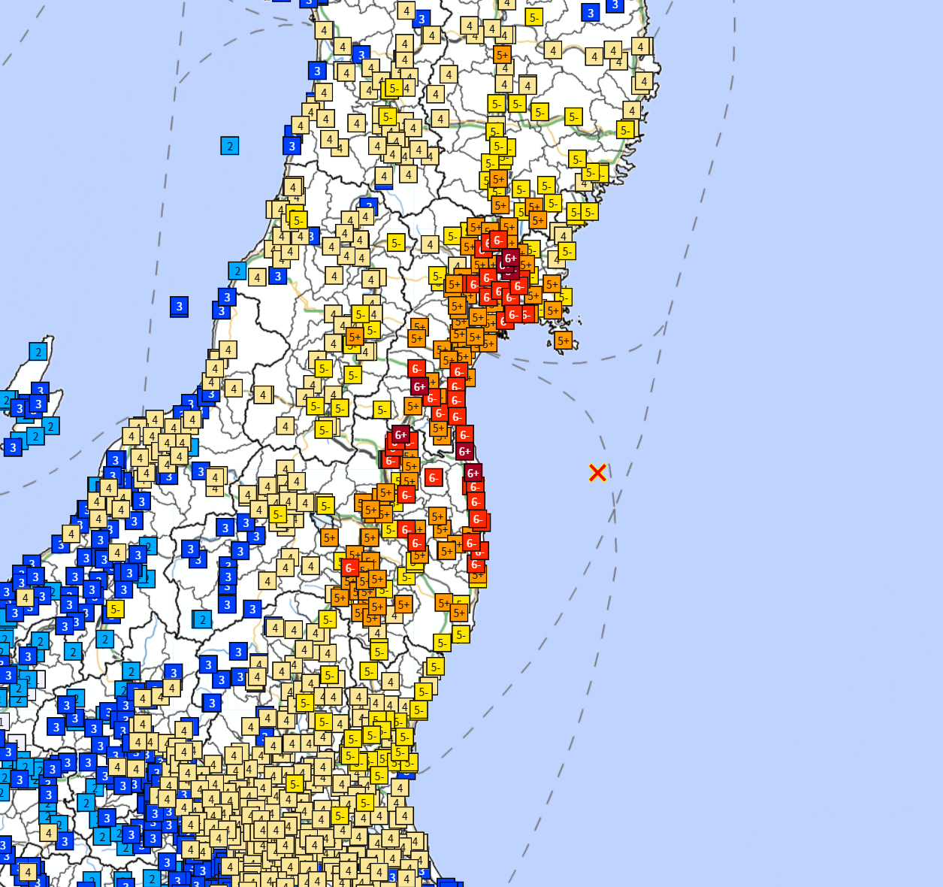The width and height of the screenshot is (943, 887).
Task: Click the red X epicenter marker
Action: (x=597, y=472)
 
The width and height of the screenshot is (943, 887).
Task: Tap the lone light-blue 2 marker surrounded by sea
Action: (x=230, y=146)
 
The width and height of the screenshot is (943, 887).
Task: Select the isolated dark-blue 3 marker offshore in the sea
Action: (x=179, y=306)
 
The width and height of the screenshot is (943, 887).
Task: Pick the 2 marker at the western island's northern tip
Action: (x=38, y=351)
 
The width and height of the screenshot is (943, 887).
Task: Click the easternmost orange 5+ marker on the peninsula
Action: (x=564, y=341)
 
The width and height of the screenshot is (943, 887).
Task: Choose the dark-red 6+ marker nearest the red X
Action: (x=473, y=473)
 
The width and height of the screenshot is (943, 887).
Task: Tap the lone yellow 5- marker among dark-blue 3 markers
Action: (x=114, y=609)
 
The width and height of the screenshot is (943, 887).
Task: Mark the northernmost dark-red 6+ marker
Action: (x=510, y=258)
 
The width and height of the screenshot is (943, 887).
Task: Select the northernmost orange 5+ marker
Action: (x=502, y=55)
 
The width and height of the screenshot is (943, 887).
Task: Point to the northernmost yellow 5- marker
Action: (x=533, y=17)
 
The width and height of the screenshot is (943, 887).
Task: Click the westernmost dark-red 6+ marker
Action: (x=400, y=434)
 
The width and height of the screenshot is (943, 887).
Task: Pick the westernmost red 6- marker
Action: (x=349, y=568)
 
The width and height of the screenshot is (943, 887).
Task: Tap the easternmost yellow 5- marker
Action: (x=625, y=130)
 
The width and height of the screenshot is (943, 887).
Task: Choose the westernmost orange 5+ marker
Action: (x=328, y=537)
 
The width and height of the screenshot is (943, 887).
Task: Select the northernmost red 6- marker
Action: (x=497, y=241)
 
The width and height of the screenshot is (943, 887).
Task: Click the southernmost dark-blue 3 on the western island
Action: (x=13, y=448)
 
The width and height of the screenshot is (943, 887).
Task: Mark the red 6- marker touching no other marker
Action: (x=433, y=477)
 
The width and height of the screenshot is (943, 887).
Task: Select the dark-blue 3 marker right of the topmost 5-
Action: (x=591, y=13)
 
